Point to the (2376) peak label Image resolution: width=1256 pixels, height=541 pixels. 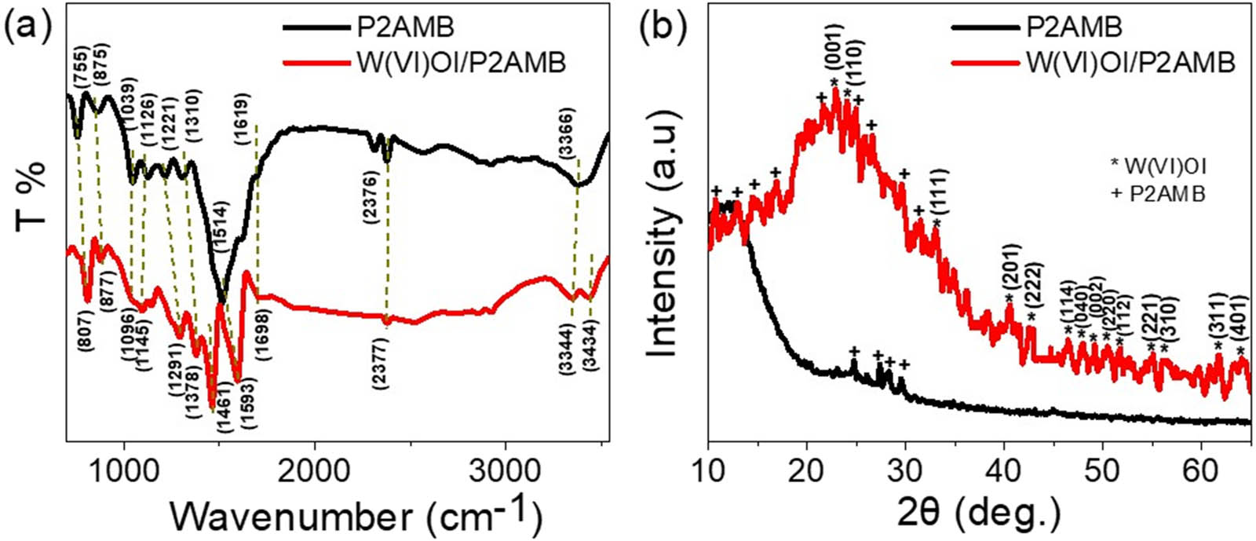click(x=372, y=204)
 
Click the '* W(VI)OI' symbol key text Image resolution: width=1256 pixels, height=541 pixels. click(x=1159, y=167)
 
